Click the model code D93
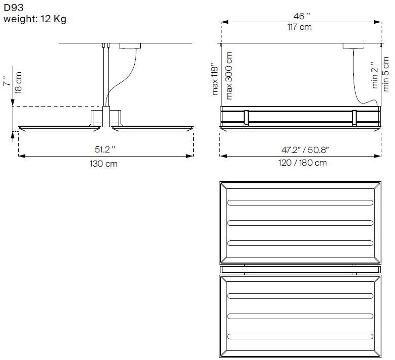(x=14, y=8)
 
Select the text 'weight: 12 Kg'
(x=35, y=19)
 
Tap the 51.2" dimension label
(x=105, y=149)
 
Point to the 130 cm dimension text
(x=103, y=164)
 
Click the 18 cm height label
(x=18, y=83)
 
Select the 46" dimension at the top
(x=302, y=16)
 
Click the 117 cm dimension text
(x=300, y=27)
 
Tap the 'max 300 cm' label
(x=229, y=76)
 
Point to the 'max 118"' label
(x=215, y=79)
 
